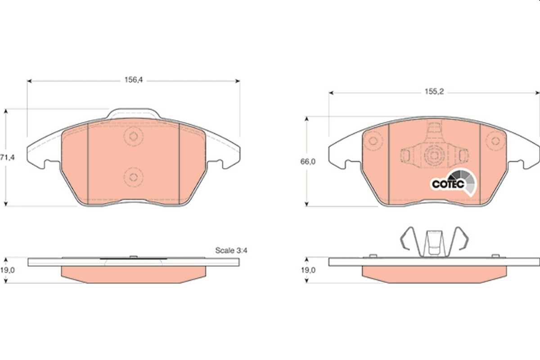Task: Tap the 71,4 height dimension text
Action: [x=6, y=157]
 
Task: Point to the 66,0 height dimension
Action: [x=307, y=162]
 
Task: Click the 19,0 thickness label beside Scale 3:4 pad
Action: [x=6, y=270]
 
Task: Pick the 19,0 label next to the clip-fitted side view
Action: [x=307, y=270]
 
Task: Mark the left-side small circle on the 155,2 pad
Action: [x=373, y=141]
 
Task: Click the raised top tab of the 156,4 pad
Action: [x=133, y=113]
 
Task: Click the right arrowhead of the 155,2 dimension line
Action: [x=537, y=92]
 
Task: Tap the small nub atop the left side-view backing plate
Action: [x=133, y=256]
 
